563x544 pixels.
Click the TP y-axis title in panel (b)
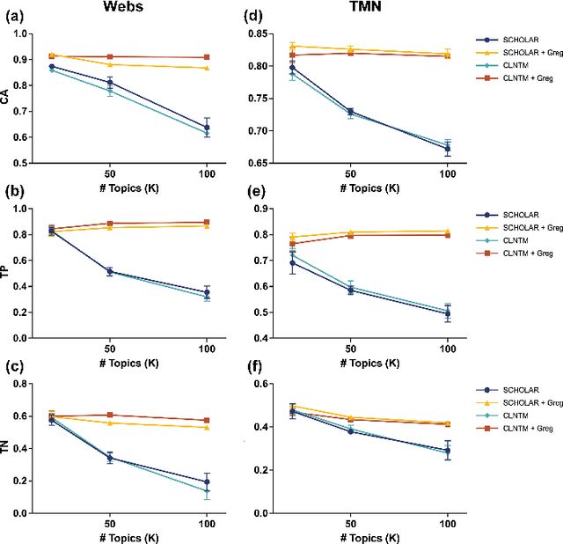click(8, 273)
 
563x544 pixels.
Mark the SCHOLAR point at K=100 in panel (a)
click(207, 127)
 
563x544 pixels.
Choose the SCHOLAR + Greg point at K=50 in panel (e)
click(350, 232)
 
